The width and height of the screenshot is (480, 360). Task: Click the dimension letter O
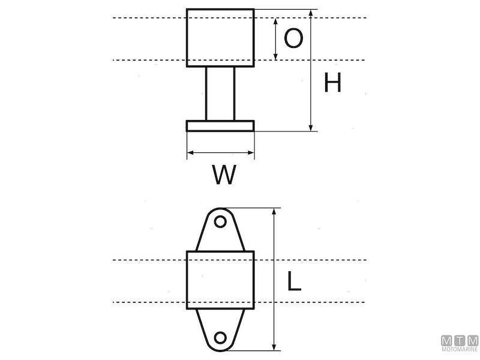(293, 38)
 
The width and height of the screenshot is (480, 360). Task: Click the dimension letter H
(332, 82)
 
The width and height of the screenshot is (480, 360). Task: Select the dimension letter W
(224, 175)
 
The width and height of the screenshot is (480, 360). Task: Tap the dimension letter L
(295, 281)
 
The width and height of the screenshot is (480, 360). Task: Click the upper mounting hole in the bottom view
(220, 221)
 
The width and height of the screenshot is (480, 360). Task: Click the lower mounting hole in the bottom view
(220, 338)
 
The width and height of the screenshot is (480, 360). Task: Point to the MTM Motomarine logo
(460, 343)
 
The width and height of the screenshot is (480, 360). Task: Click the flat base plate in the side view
(220, 126)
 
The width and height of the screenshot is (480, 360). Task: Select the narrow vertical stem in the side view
(220, 94)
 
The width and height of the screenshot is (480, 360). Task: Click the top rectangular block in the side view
(220, 38)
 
